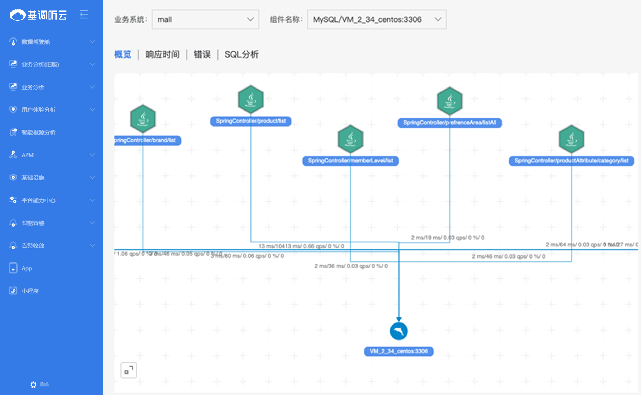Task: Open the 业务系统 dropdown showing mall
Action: pos(205,20)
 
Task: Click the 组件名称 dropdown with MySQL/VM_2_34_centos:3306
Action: pos(377,20)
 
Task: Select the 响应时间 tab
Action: pos(162,54)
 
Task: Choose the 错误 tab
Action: pos(202,54)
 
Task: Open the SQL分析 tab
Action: pos(241,54)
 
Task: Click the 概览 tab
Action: pos(123,54)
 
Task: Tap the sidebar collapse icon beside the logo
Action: pos(84,15)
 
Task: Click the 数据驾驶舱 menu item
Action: pos(36,42)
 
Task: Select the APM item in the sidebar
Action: pos(27,155)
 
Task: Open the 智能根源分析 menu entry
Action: pos(38,133)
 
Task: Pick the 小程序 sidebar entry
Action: pos(30,291)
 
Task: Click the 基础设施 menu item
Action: pos(33,178)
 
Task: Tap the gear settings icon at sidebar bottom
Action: pos(33,385)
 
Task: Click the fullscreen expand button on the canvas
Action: pos(129,370)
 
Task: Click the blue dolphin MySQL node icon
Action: pos(399,331)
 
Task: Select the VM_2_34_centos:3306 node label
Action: pos(399,351)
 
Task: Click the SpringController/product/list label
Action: pos(251,121)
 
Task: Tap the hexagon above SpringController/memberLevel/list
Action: pos(350,139)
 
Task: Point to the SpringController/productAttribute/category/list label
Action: pos(571,161)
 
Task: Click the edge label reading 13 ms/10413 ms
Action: pos(301,246)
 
